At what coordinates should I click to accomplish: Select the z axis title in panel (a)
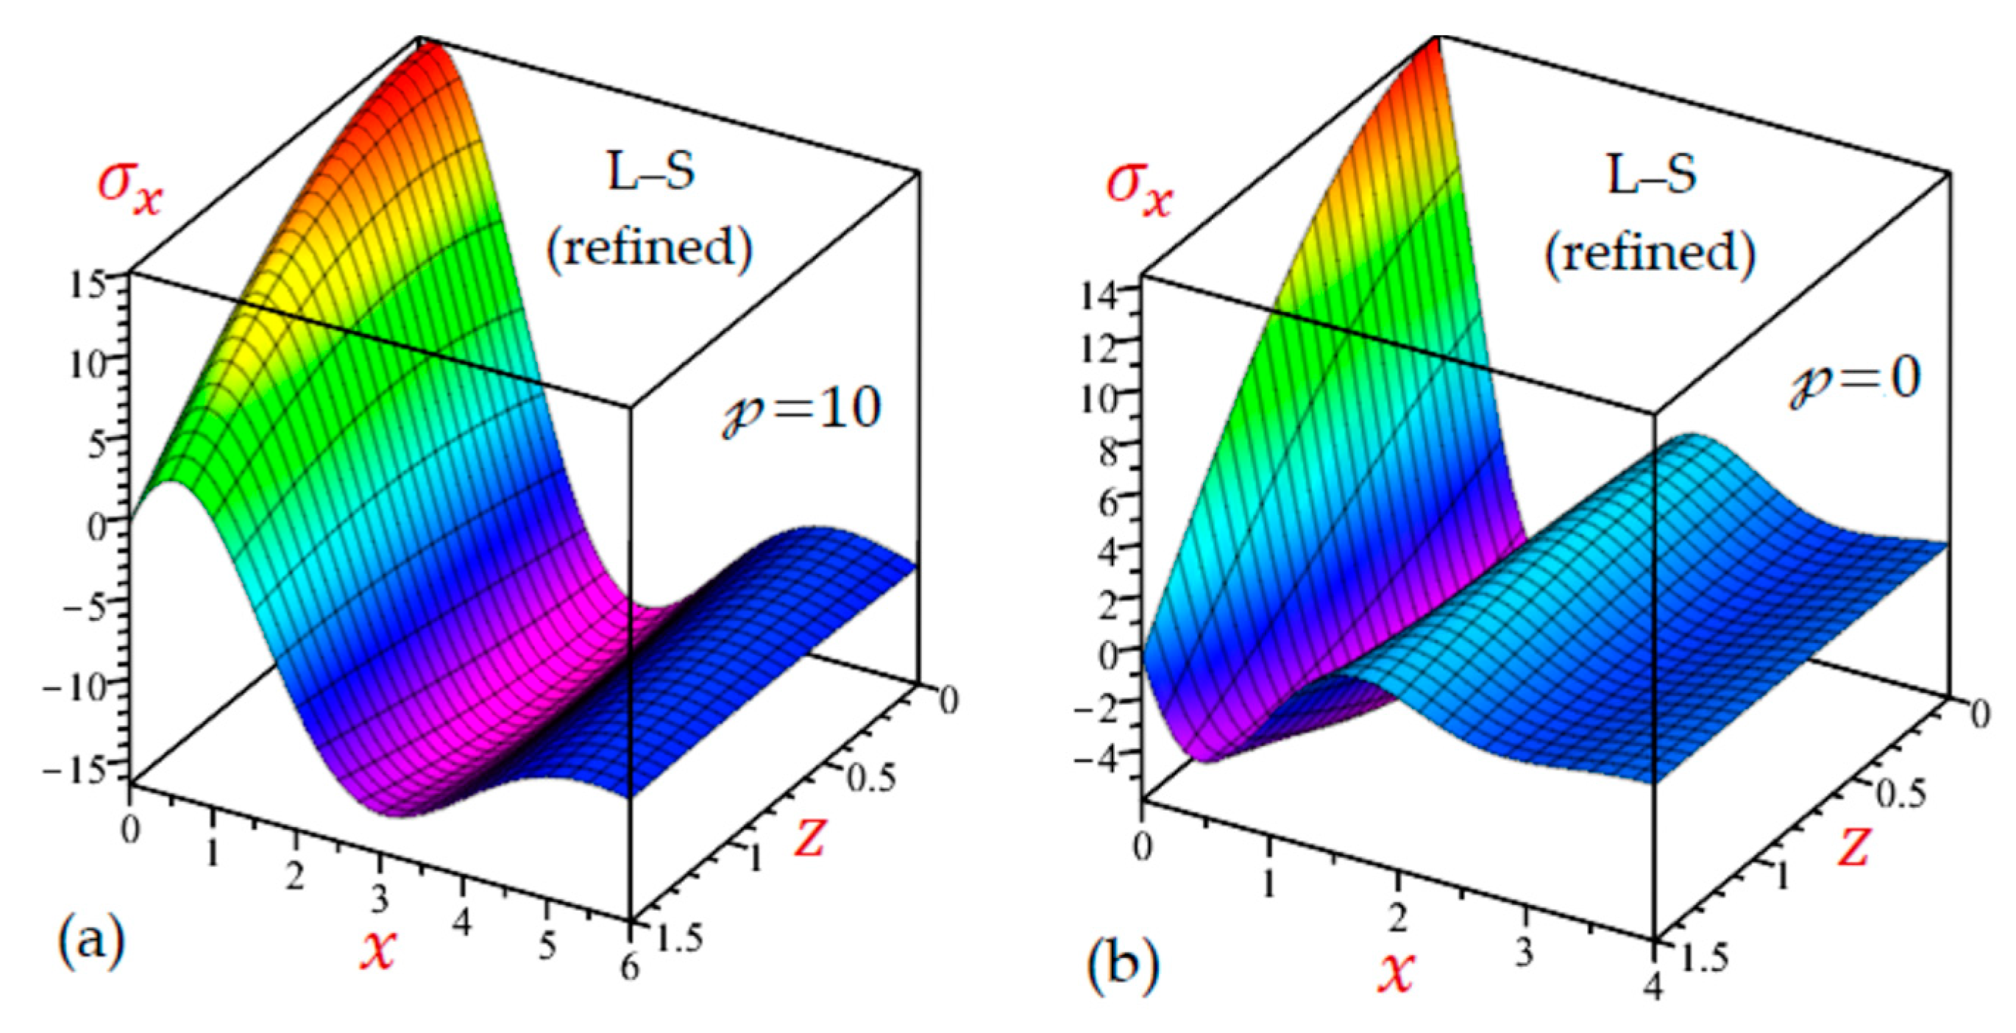click(810, 836)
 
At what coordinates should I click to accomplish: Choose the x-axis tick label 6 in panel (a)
click(630, 969)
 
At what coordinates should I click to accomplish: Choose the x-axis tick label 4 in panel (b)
click(1653, 987)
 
